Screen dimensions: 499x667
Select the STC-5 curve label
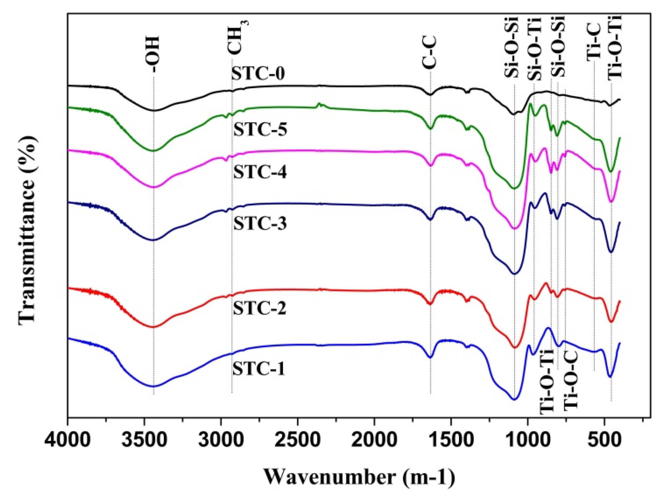[x=260, y=130]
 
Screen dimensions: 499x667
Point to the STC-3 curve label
[x=260, y=224]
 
